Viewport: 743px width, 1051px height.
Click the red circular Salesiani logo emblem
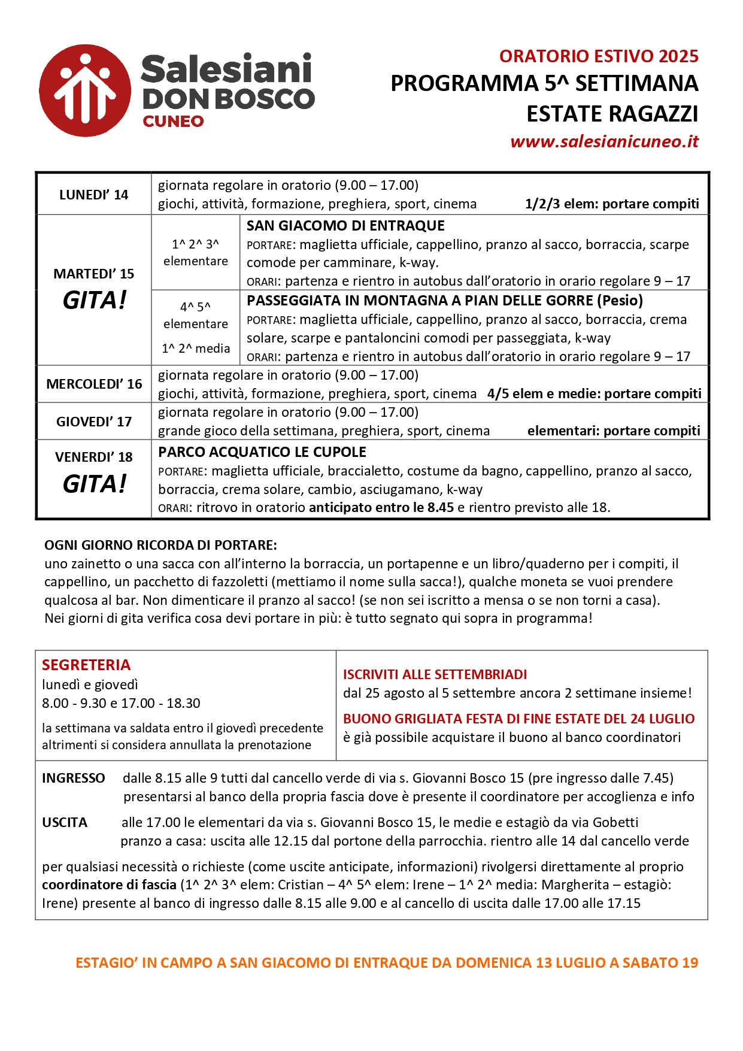click(85, 90)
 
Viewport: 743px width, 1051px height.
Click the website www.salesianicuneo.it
click(604, 141)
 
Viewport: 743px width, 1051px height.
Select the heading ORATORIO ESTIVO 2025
click(599, 56)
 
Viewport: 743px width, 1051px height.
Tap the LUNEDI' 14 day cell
click(93, 195)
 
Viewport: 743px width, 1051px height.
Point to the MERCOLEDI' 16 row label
click(94, 384)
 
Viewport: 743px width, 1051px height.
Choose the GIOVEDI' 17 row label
click(94, 422)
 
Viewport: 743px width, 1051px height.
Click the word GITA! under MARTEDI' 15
click(95, 300)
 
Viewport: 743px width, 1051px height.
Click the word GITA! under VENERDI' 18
click(95, 484)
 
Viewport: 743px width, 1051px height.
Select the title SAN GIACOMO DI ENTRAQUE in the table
click(345, 226)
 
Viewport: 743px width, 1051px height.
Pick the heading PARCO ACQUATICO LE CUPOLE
click(262, 452)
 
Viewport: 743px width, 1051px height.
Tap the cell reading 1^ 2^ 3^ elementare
click(196, 253)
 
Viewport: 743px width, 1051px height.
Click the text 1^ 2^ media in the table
click(196, 349)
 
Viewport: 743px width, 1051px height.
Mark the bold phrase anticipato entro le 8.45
click(381, 507)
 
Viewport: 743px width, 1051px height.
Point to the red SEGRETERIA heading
click(86, 665)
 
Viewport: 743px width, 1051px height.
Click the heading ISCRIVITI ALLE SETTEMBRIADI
click(435, 674)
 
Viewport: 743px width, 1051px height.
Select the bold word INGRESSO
click(73, 778)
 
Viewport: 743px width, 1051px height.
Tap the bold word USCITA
click(65, 822)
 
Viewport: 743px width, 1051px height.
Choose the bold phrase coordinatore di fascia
click(109, 885)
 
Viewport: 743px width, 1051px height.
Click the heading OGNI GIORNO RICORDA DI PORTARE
click(160, 545)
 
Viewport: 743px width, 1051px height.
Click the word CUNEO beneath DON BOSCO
click(173, 122)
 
